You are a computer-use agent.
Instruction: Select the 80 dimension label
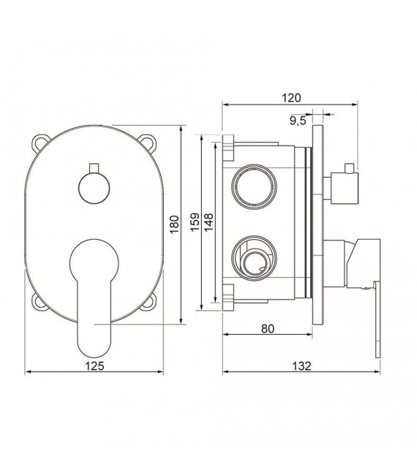coord(267,328)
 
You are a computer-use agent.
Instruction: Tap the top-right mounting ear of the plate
coord(151,141)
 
